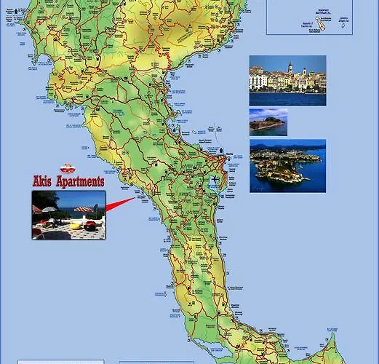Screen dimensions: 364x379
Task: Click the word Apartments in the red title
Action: click(x=81, y=181)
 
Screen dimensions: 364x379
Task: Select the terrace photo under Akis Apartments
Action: click(x=68, y=215)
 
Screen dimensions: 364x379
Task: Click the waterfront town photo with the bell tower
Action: click(x=287, y=81)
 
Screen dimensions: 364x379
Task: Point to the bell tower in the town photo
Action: click(x=290, y=67)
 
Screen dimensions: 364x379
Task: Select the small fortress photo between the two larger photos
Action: click(x=268, y=122)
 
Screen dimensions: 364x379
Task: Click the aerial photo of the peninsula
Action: click(x=287, y=166)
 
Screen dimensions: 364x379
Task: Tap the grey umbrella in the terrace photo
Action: click(x=49, y=210)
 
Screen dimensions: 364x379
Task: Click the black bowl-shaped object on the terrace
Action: click(x=90, y=226)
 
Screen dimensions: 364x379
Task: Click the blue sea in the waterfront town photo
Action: click(x=287, y=98)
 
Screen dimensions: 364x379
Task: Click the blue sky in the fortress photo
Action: click(x=268, y=114)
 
